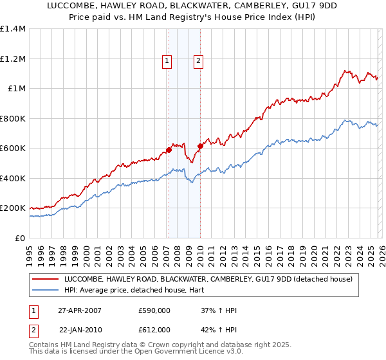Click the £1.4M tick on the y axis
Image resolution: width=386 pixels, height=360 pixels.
coord(12,29)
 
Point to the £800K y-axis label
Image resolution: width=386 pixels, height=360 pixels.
coord(12,118)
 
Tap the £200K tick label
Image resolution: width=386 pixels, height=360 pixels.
coord(12,208)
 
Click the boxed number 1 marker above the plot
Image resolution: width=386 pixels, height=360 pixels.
coord(167,61)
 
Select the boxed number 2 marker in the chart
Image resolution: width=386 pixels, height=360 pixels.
coord(198,61)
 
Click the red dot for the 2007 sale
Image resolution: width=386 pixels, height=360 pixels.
coord(169,150)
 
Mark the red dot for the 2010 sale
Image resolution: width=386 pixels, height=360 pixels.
coord(200,147)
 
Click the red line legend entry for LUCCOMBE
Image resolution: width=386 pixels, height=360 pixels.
coord(208,280)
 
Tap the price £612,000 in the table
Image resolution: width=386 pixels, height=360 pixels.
coord(154,329)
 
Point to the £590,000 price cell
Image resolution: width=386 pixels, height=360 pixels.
coord(154,310)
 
